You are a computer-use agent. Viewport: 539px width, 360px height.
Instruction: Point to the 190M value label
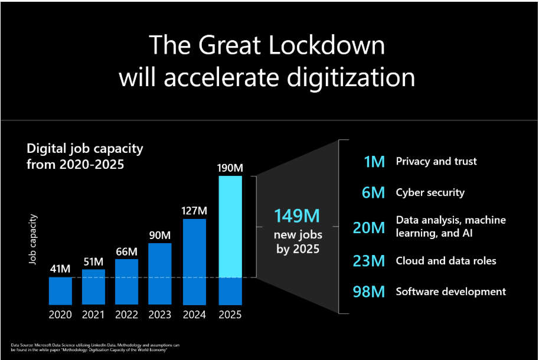pos(230,167)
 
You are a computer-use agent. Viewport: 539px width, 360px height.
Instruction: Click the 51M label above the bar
pos(93,261)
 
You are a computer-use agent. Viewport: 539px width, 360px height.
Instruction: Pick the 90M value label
pos(161,235)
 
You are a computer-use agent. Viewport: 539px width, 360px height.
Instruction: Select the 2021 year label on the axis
pos(93,315)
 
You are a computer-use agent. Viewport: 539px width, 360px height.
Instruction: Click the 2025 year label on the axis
pos(230,315)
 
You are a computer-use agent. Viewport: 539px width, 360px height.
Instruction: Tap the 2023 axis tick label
pos(161,315)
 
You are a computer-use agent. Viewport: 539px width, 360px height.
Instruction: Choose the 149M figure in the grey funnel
pos(298,215)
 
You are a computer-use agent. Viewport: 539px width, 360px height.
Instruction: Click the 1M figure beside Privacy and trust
pos(374,162)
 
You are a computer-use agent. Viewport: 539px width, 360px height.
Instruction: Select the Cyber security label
pos(430,192)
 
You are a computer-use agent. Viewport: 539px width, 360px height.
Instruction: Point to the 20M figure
pos(369,227)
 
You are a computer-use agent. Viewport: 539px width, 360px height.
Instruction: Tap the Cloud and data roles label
pos(446,261)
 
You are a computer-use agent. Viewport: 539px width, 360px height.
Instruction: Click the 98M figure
pos(369,292)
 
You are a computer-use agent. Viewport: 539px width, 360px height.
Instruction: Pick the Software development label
pos(450,292)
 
